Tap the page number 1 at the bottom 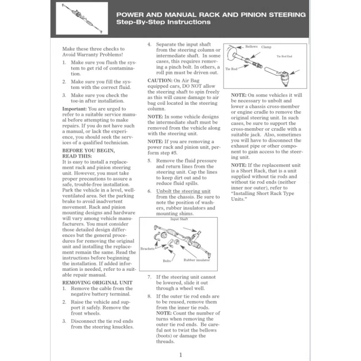click(180, 355)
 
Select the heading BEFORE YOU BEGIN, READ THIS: click(88, 153)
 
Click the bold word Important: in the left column click(74, 109)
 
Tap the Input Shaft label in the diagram click(179, 219)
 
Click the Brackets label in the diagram click(147, 249)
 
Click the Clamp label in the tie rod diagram click(266, 47)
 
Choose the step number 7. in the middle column click(150, 277)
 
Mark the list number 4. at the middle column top click(150, 45)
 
